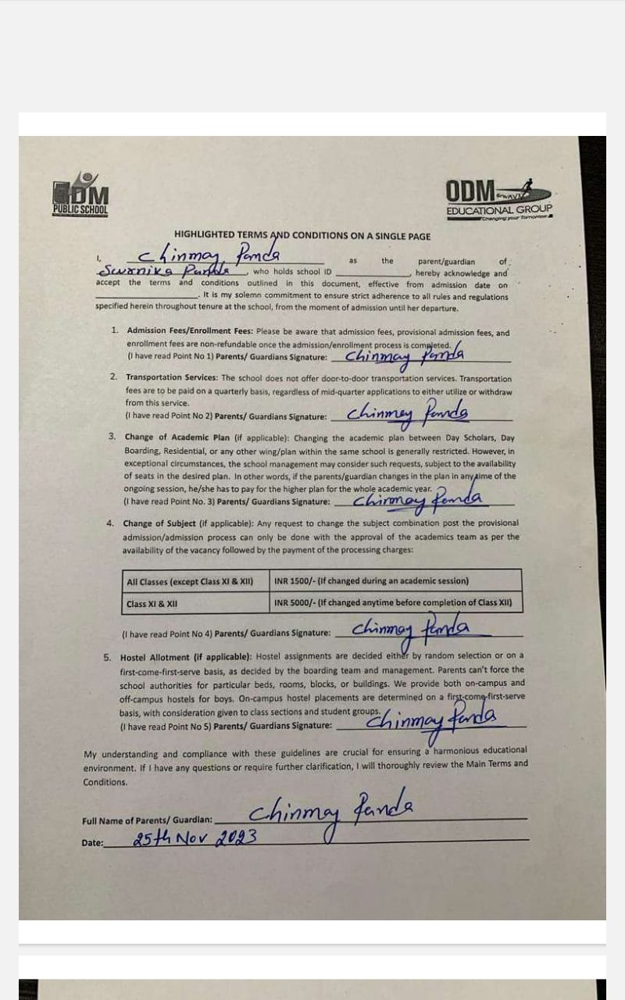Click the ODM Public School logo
click(x=80, y=194)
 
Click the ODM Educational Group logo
click(x=498, y=198)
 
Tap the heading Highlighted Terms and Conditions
click(x=302, y=235)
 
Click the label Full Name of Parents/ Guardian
click(x=147, y=820)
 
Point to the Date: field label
click(x=92, y=843)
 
